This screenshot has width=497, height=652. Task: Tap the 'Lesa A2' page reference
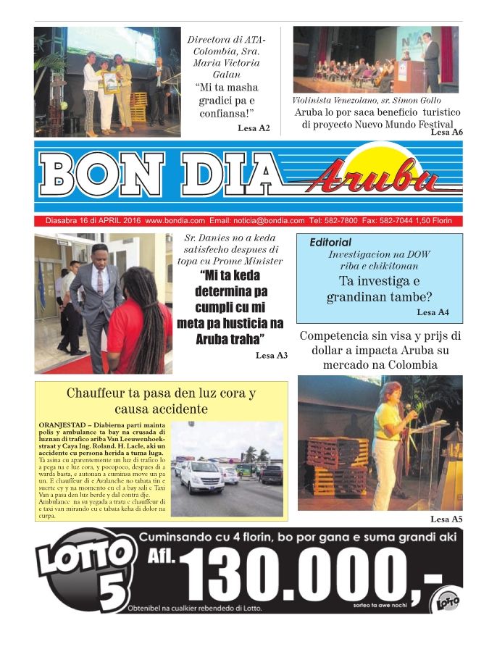click(254, 128)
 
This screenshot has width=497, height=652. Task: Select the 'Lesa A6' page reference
click(446, 133)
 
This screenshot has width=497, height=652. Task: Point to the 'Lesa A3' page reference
click(272, 355)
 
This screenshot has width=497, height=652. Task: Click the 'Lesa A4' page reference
click(433, 312)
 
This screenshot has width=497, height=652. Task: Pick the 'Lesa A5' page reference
click(446, 519)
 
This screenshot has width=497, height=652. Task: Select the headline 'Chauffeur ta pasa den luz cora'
click(161, 401)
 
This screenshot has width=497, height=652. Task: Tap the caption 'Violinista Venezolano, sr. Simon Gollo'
click(366, 100)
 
